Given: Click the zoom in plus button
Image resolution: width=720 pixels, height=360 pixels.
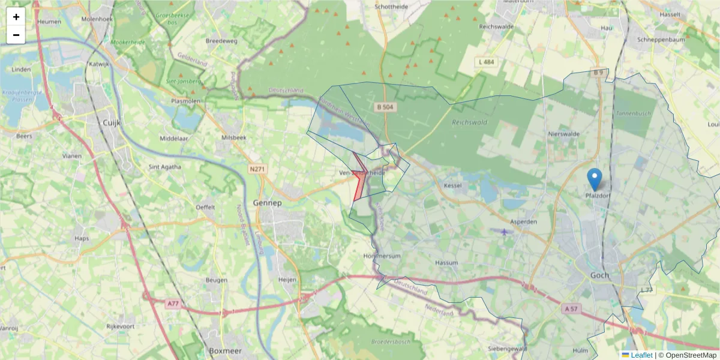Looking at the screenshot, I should coord(16,17).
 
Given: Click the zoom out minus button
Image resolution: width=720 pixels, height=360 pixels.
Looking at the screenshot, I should coord(16,35).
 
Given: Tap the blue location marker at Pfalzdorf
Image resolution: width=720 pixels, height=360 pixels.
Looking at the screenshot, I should coord(594,179).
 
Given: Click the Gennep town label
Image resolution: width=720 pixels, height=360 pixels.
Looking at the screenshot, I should coord(268,203).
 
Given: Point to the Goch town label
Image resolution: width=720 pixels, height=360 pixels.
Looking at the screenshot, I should coord(599,275).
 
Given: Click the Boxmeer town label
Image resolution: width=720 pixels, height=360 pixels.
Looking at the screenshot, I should coord(224,350).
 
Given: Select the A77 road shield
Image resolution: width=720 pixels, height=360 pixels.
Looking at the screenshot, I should coord(173,304).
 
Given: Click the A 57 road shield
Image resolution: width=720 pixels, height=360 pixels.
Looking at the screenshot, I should coord(572,308).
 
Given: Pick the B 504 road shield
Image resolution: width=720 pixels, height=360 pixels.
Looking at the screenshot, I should coord(386,107).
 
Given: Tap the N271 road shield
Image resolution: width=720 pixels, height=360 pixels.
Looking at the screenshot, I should coord(257,169).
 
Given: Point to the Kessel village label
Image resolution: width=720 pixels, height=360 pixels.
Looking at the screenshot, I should coord(452,185).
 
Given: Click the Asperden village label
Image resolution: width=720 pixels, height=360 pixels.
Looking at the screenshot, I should coord(523,221).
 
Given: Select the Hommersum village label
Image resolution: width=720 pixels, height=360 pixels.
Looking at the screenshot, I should coord(382,256).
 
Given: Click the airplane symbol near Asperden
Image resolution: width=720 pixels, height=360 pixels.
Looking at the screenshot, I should coord(504,232).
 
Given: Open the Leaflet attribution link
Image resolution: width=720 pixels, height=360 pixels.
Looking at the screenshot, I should coord(641,355).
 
